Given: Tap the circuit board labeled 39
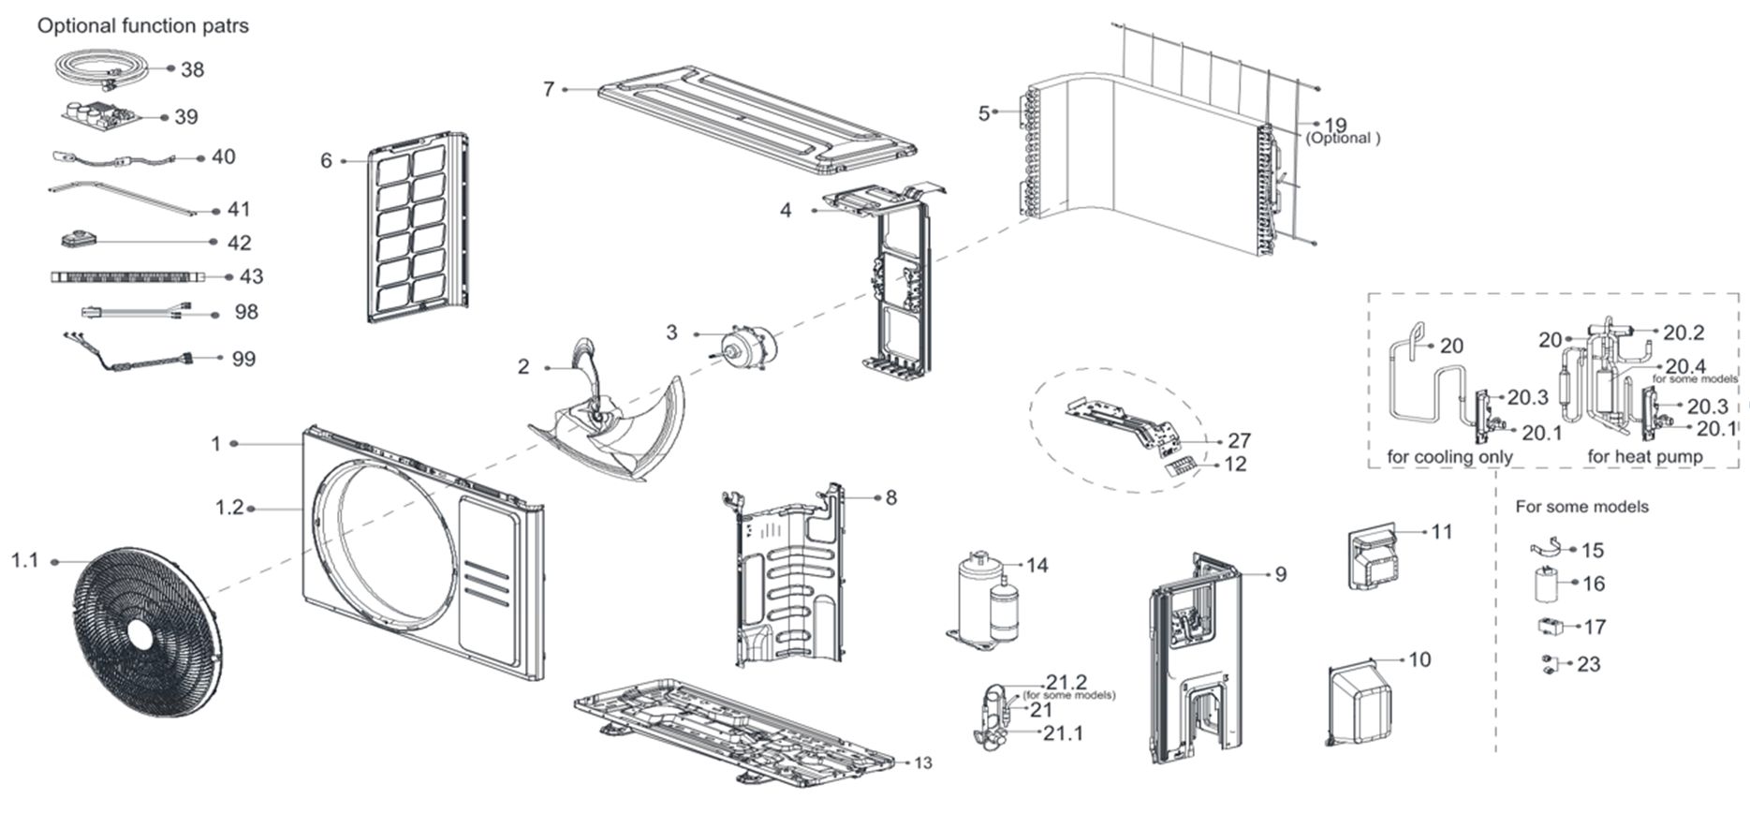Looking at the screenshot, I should point(102,114).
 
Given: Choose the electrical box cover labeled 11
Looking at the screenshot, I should point(1373,560).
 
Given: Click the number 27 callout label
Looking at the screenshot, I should point(1239,440).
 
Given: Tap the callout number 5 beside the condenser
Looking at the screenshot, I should point(983,113).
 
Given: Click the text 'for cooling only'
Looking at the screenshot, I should point(1449,457).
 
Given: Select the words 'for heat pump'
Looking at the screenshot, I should point(1644,457).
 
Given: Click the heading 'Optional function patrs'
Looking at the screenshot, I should point(143,25).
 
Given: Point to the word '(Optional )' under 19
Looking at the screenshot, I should point(1342,139).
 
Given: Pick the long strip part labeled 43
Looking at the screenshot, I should point(126,277).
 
